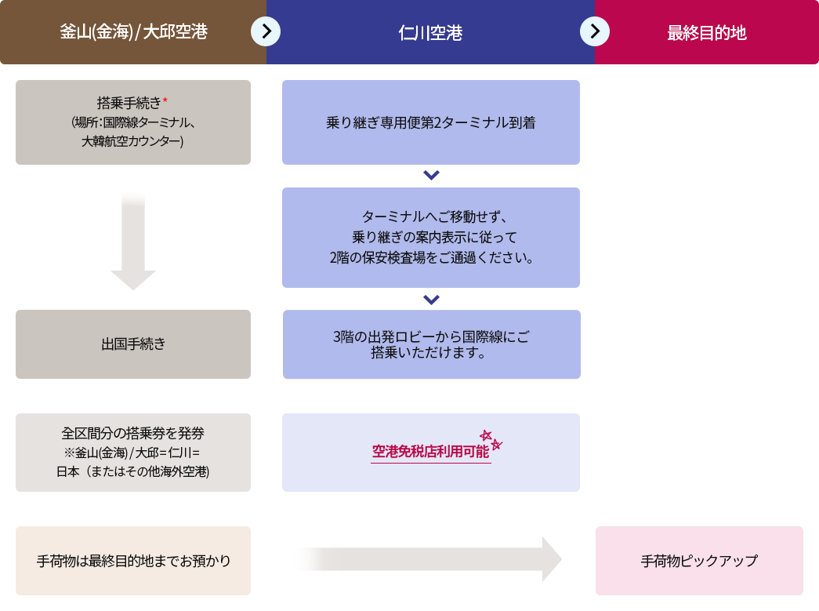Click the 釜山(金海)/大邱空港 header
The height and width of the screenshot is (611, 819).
(133, 32)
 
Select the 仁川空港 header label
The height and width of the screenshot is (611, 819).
(430, 33)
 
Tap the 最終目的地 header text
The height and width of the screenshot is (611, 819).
(706, 33)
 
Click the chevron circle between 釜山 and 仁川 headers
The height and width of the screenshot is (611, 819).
(266, 31)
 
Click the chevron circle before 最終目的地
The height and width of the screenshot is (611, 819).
(595, 31)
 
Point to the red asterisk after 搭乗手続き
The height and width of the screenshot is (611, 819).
(166, 100)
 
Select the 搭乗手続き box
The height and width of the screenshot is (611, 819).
(133, 122)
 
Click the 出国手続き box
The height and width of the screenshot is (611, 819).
(133, 344)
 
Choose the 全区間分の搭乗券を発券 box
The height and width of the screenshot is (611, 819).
(133, 453)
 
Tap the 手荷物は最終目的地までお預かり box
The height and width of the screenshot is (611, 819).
(133, 561)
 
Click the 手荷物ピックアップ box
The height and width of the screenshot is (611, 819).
(699, 561)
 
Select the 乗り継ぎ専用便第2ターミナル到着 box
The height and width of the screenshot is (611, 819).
(430, 122)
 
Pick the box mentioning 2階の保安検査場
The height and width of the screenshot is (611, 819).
(430, 237)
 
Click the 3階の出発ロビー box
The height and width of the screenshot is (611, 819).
(430, 344)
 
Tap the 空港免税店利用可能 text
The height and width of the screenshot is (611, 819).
(429, 452)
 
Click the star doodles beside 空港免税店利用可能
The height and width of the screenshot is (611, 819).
(491, 439)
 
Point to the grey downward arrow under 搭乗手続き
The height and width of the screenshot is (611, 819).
(133, 243)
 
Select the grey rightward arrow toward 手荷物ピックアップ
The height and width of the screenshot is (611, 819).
(439, 559)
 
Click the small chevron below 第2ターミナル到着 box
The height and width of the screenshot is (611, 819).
(430, 175)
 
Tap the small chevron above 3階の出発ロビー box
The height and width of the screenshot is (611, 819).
(430, 299)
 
